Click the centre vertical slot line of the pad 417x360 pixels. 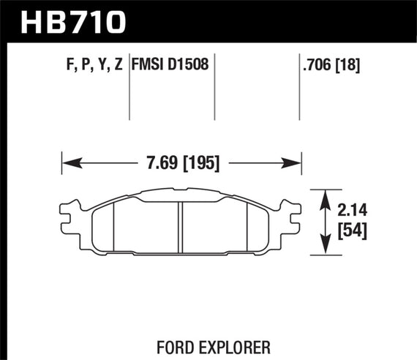(181, 227)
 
